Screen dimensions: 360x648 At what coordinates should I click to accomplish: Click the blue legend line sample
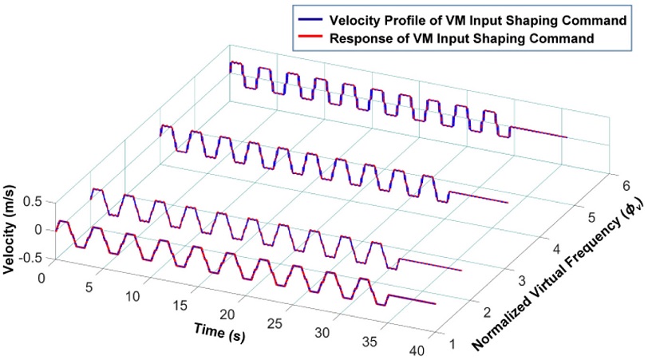click(x=309, y=18)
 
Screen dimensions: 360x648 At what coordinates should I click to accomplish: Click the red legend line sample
click(x=309, y=37)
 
